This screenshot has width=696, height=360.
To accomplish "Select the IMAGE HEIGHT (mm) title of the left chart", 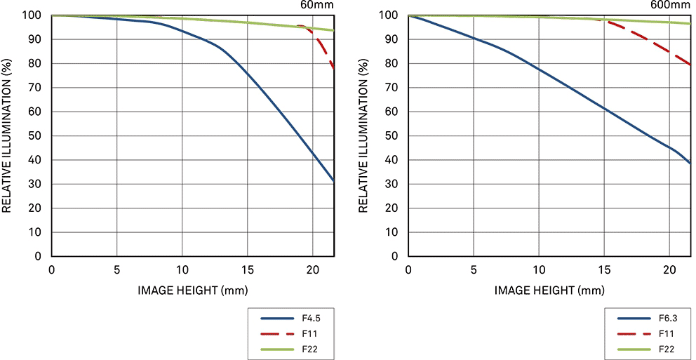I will point(192,289).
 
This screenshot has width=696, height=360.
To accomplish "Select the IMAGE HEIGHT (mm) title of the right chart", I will point(549,289).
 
